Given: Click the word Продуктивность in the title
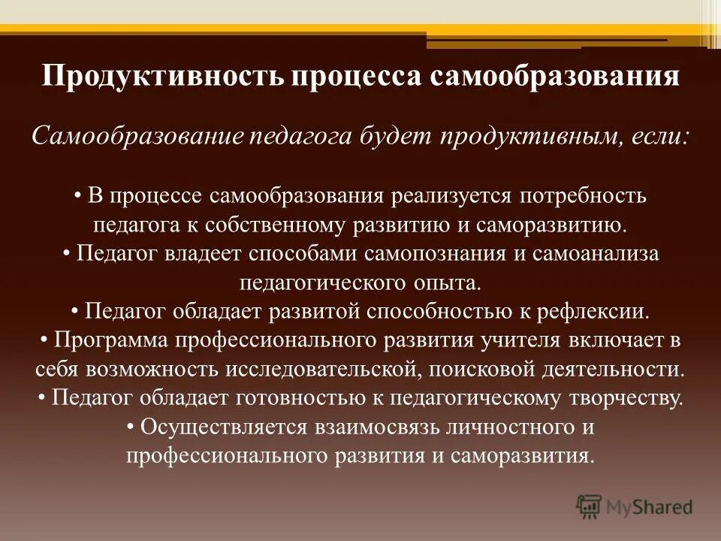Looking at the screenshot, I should (x=159, y=78).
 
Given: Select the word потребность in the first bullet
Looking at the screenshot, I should (x=584, y=197).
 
